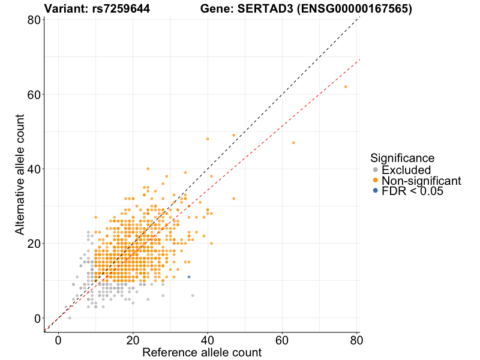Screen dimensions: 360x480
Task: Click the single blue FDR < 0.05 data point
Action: click(x=189, y=277)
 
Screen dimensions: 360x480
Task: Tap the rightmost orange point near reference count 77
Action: click(x=346, y=87)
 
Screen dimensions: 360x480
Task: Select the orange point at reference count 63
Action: click(x=293, y=143)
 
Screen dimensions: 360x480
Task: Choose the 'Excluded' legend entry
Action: click(x=406, y=170)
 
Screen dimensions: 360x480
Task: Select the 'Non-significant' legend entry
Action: click(x=421, y=181)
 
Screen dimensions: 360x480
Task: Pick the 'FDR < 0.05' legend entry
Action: click(x=412, y=191)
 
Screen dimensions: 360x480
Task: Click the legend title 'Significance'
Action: click(x=402, y=158)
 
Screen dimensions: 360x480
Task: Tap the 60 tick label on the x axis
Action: click(x=282, y=340)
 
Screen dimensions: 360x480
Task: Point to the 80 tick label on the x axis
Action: click(x=356, y=340)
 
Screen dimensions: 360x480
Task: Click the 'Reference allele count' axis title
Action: click(x=202, y=352)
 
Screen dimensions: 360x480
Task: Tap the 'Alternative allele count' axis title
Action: click(x=20, y=175)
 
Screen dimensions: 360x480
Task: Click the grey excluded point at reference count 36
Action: click(x=193, y=295)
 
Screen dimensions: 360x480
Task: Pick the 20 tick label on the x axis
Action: click(x=133, y=340)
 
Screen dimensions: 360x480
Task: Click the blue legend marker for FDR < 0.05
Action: click(x=376, y=191)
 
